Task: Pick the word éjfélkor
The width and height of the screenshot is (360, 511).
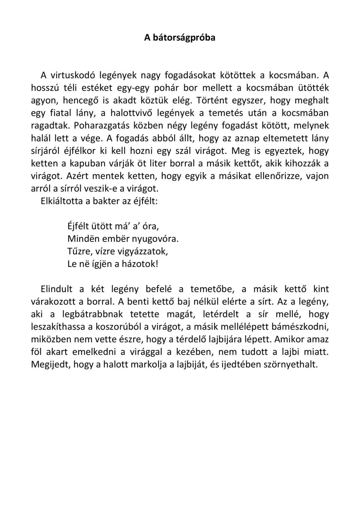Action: pos(80,151)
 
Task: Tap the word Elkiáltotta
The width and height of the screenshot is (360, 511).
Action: pos(61,201)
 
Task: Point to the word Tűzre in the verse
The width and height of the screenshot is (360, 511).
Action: pos(78,251)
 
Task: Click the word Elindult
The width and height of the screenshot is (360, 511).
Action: pos(57,289)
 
